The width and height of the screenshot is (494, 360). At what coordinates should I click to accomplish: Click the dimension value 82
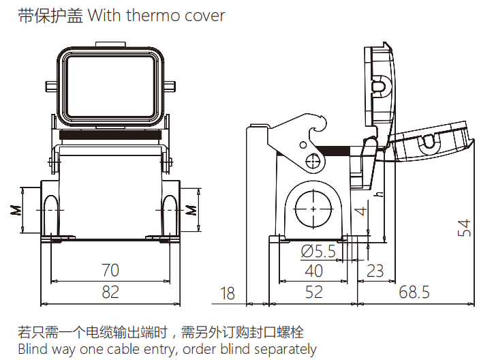pyautogui.click(x=110, y=292)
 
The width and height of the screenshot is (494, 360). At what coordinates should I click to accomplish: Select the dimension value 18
pyautogui.click(x=228, y=293)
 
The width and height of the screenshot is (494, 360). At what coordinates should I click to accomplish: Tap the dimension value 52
pyautogui.click(x=314, y=292)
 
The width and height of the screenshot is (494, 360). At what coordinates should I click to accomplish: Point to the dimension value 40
pyautogui.click(x=314, y=271)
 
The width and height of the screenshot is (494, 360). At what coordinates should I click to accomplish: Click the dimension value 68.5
pyautogui.click(x=414, y=292)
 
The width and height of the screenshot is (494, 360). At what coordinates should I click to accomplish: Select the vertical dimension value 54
pyautogui.click(x=464, y=228)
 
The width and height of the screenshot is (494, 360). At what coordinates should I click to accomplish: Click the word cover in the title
pyautogui.click(x=204, y=15)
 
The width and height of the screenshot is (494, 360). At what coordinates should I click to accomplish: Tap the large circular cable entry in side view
pyautogui.click(x=313, y=207)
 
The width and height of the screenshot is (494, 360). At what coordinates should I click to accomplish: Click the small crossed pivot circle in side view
pyautogui.click(x=313, y=162)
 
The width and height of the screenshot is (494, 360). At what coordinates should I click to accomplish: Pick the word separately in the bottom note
pyautogui.click(x=285, y=350)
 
